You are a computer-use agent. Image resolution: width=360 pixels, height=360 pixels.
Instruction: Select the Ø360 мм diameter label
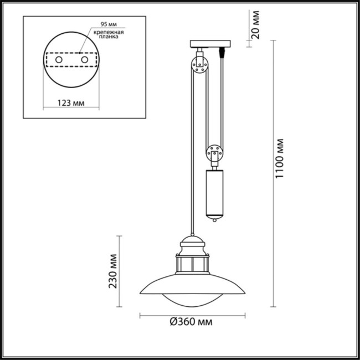pyautogui.click(x=191, y=322)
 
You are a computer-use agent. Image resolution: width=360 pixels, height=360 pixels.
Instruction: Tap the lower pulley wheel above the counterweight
pyautogui.click(x=214, y=152)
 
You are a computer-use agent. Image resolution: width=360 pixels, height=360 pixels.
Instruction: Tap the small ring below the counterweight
pyautogui.click(x=214, y=221)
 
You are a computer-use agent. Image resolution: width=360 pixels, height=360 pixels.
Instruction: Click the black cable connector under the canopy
pyautogui.click(x=222, y=53)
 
